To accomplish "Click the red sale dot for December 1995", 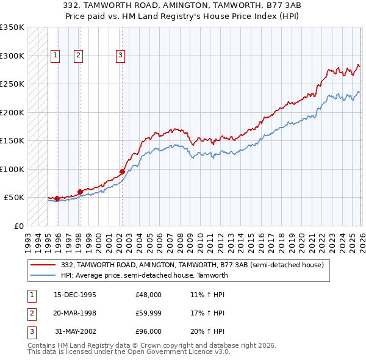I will (x=57, y=198).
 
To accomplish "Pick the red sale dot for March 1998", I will (x=80, y=192).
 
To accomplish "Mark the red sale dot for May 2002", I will (x=122, y=171).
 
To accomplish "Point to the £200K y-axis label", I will (x=12, y=112).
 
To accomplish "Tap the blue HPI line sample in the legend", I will (x=43, y=275).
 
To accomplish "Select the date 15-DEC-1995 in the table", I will (x=75, y=295).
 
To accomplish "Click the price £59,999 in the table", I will (x=148, y=313).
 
